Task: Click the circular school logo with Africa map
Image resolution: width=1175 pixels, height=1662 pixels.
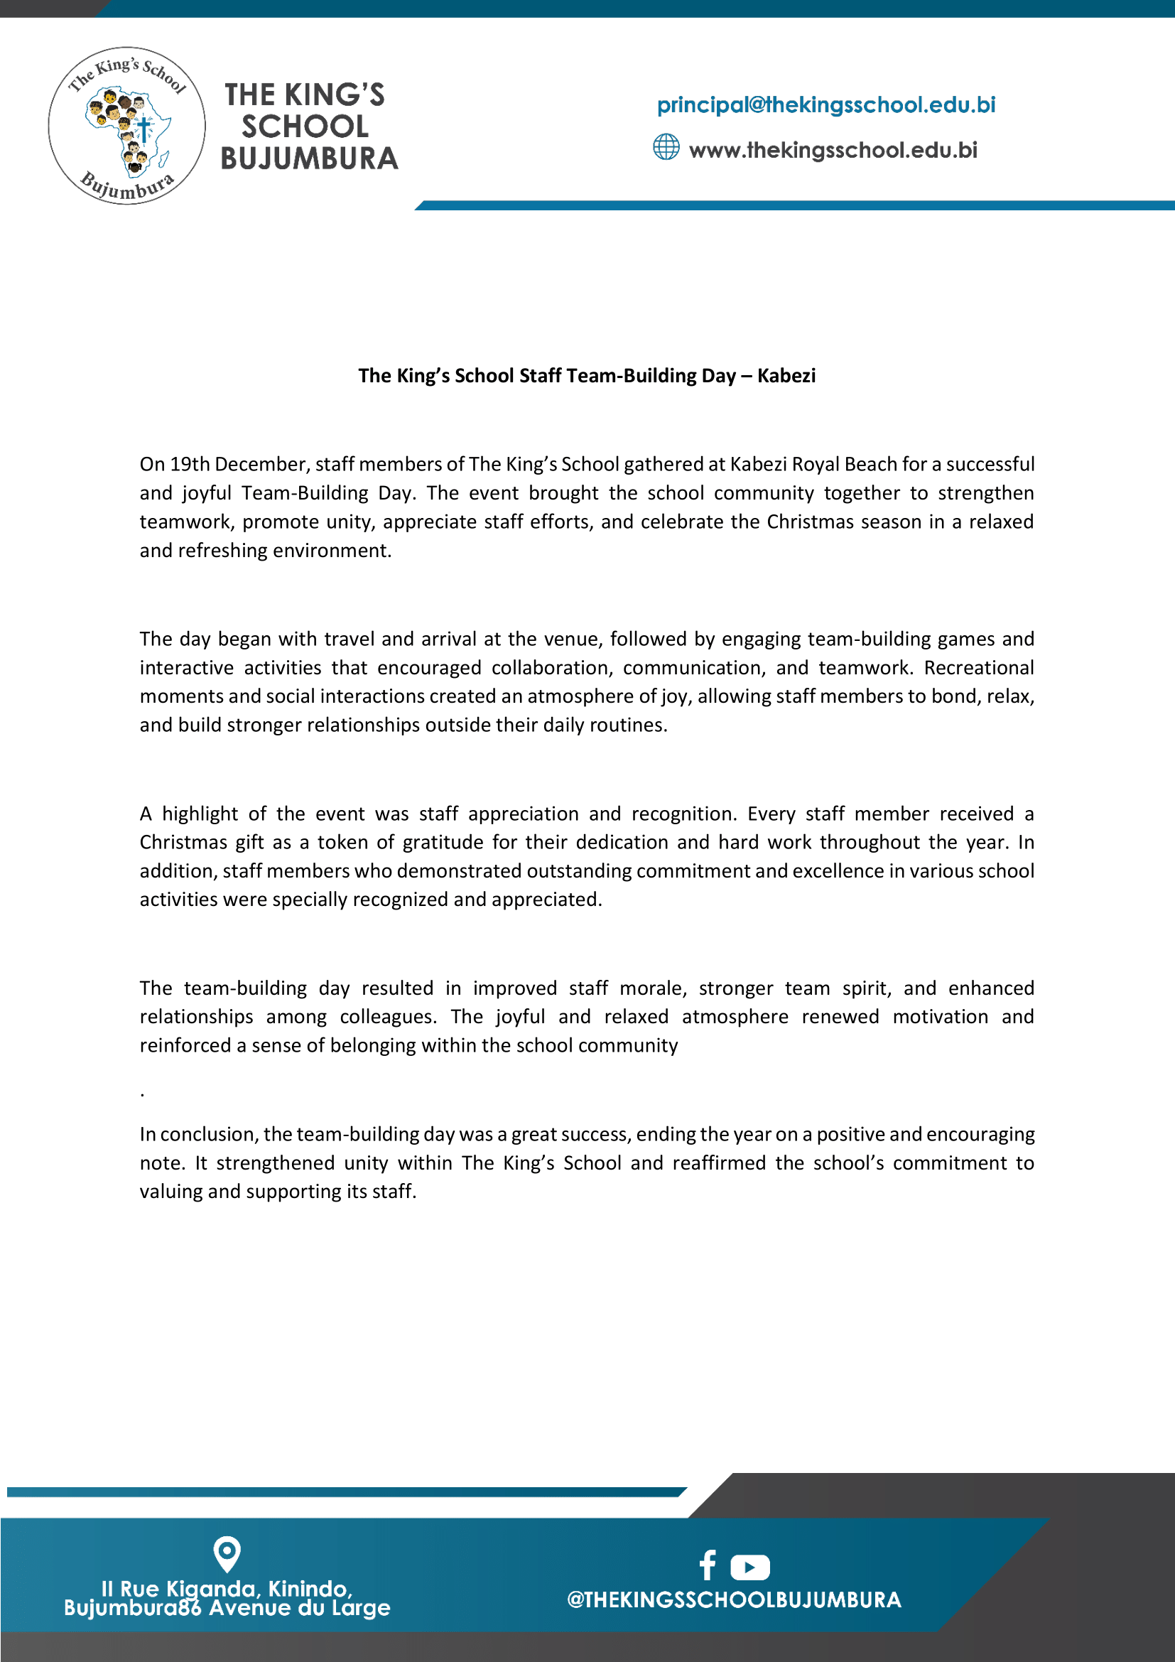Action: click(x=126, y=126)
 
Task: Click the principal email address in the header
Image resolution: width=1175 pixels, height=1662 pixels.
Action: click(x=825, y=105)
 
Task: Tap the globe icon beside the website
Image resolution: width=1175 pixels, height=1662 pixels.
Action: click(x=666, y=147)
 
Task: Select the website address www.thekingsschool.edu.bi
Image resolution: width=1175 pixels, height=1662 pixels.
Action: click(x=833, y=151)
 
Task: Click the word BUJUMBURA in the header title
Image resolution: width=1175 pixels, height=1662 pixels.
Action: click(x=309, y=158)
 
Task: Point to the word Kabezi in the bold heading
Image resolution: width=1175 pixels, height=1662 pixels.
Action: click(x=786, y=376)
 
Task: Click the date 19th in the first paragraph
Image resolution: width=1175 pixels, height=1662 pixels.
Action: click(x=190, y=464)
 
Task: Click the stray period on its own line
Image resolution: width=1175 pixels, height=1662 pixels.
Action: click(x=143, y=1094)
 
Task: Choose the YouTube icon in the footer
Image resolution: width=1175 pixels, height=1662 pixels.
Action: click(x=749, y=1567)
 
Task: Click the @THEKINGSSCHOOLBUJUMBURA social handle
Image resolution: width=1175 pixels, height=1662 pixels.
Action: click(x=734, y=1599)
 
